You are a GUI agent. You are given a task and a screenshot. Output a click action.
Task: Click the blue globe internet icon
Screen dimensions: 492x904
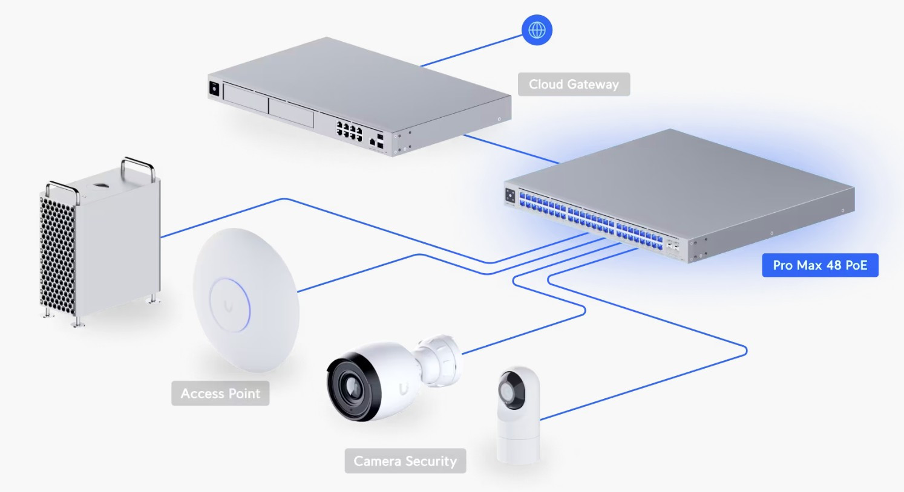tap(537, 30)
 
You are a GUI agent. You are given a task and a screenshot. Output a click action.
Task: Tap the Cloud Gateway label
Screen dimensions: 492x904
tap(574, 84)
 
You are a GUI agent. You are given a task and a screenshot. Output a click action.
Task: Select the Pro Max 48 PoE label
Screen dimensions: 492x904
tap(820, 265)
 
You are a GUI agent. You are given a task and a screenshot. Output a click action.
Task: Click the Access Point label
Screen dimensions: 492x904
tap(220, 393)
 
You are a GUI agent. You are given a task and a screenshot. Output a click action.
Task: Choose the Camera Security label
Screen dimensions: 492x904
tap(405, 461)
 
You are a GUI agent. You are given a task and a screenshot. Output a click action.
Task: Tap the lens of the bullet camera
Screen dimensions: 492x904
tap(352, 384)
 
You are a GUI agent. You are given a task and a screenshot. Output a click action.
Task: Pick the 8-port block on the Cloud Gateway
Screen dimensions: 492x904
tap(349, 130)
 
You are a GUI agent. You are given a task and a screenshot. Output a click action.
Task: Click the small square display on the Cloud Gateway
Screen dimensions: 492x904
tap(214, 88)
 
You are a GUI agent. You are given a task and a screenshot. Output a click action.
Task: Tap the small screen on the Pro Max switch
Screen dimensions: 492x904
tap(510, 195)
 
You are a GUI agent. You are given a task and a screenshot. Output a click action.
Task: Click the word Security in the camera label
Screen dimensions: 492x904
tap(431, 461)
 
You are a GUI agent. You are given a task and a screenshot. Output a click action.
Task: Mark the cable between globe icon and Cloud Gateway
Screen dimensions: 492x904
tap(472, 48)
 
